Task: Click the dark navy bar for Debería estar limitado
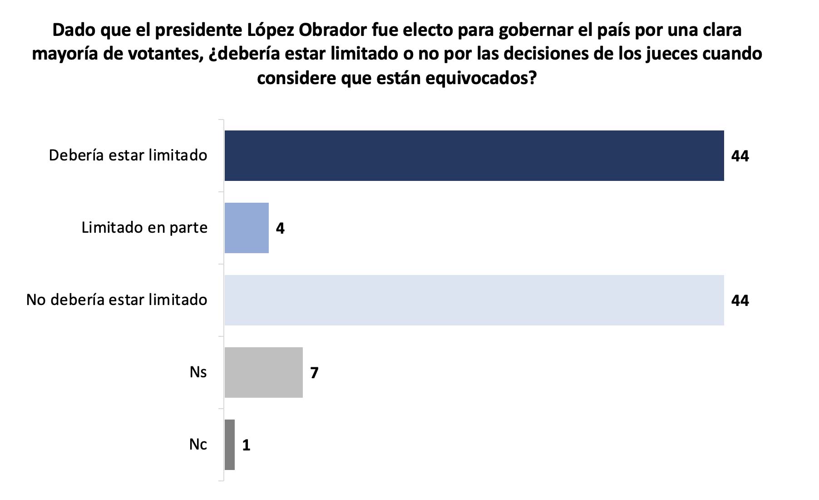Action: (474, 155)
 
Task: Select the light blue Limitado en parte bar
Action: (247, 228)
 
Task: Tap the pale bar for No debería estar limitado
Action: (474, 300)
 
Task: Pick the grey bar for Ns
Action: (263, 372)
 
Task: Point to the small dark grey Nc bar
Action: (230, 445)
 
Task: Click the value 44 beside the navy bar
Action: (740, 156)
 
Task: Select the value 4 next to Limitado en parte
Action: (280, 228)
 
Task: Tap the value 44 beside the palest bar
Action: (740, 300)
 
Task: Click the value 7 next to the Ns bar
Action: (314, 373)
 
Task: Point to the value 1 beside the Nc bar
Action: (246, 445)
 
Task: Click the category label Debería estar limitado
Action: (128, 155)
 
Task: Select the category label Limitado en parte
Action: (144, 227)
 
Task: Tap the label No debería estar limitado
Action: (117, 300)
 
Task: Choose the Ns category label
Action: (198, 372)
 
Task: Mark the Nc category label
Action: (198, 444)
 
